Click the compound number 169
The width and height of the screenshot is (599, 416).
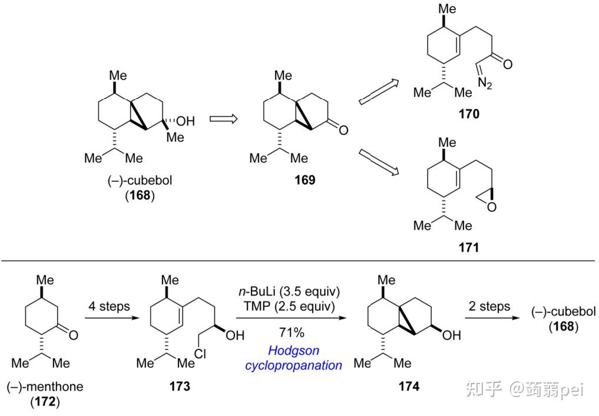(x=305, y=180)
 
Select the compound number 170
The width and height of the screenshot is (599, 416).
(x=469, y=114)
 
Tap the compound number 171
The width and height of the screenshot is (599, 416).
(x=469, y=247)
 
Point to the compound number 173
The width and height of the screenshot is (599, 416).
(x=180, y=386)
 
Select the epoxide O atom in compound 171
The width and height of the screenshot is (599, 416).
(x=492, y=207)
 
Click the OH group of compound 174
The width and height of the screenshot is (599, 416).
(x=452, y=336)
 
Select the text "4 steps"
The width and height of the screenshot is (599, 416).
(x=108, y=306)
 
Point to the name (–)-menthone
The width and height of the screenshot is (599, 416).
(x=45, y=387)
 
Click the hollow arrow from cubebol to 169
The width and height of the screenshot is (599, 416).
(x=224, y=119)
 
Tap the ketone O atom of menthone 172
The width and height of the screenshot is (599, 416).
(x=74, y=336)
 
